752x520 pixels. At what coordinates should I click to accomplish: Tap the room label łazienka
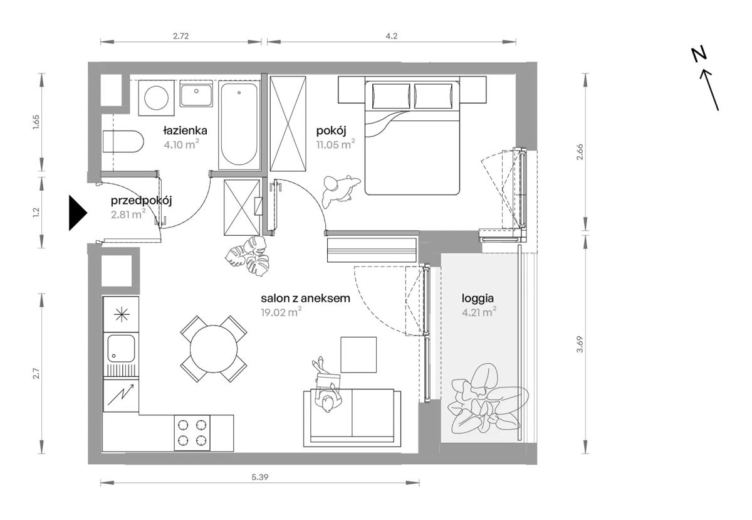[185, 130]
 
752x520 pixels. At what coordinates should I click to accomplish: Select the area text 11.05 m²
[336, 144]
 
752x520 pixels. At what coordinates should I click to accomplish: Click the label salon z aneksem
[306, 298]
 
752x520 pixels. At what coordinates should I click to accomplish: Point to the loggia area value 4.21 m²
[479, 312]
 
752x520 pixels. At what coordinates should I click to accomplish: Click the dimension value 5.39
[260, 477]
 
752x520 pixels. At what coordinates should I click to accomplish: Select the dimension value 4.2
[392, 36]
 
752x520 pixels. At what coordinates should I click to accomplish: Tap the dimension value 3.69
[580, 344]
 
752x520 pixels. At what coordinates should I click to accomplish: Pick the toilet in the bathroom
[123, 141]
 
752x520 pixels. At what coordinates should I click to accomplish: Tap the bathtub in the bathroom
[239, 125]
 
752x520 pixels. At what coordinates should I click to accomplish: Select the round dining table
[214, 349]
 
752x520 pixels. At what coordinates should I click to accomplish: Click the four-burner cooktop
[192, 433]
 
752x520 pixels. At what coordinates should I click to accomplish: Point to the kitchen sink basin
[121, 348]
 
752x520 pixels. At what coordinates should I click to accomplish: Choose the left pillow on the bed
[391, 96]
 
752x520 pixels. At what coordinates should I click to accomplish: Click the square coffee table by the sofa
[358, 354]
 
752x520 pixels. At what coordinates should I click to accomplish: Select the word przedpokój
[142, 201]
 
